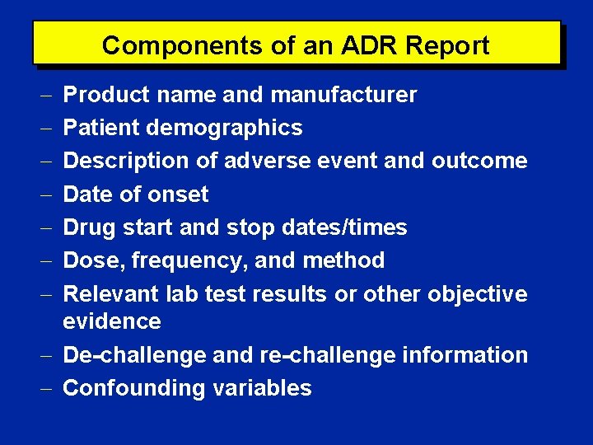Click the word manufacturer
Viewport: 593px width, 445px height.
pos(343,96)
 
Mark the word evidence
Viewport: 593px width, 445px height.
pos(112,321)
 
